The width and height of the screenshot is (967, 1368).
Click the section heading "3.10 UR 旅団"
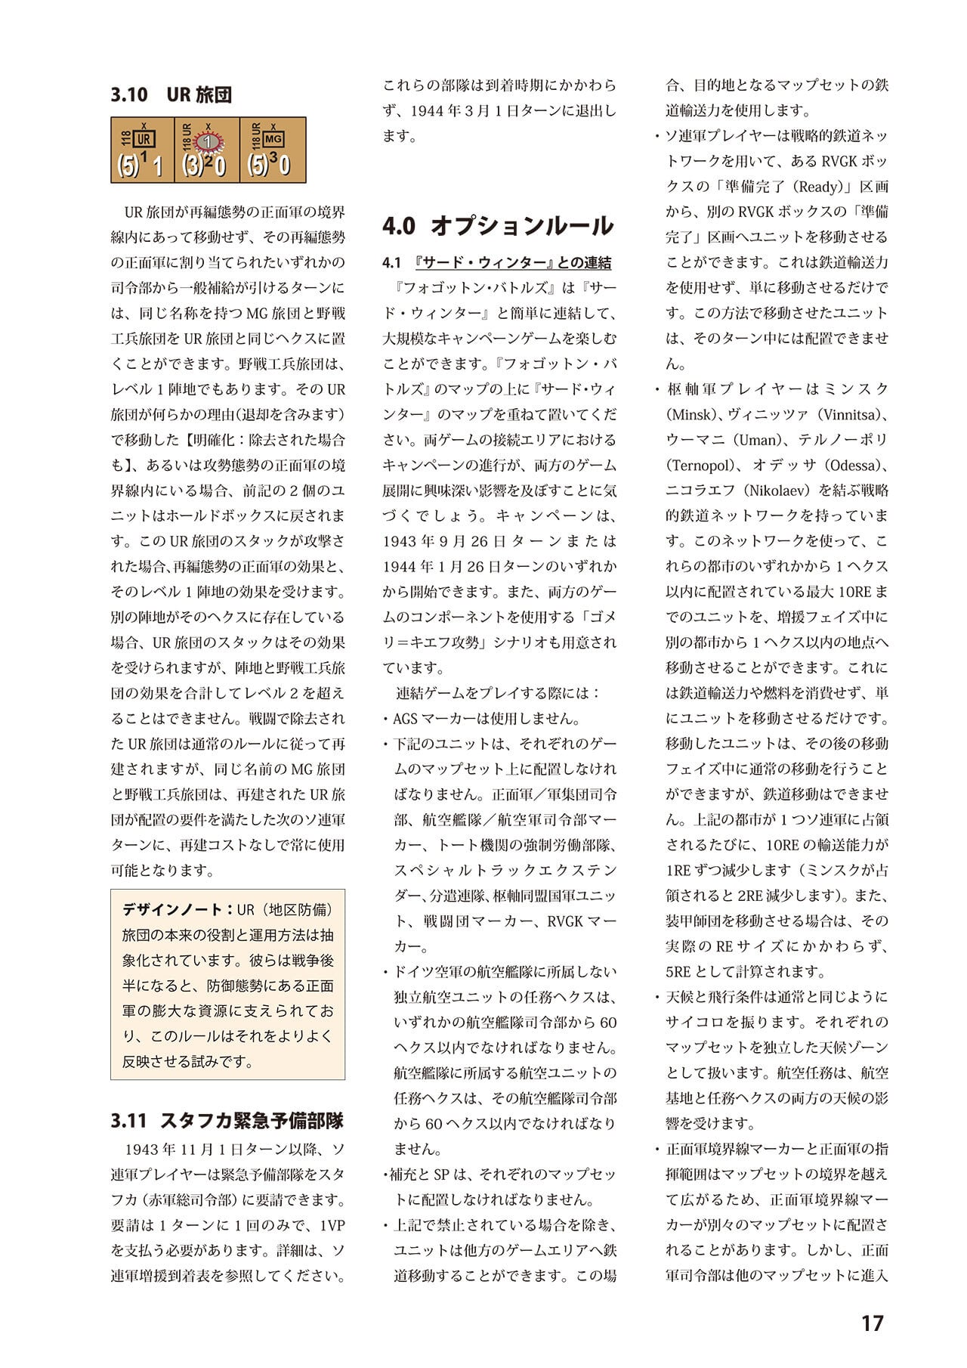tap(171, 95)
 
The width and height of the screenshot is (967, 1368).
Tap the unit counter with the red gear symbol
tap(207, 150)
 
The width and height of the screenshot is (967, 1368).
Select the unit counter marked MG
tap(273, 150)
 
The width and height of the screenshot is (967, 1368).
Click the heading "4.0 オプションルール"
tap(497, 225)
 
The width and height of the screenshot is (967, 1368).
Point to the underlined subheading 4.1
tap(497, 263)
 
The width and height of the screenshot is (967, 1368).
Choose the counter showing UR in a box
tap(142, 150)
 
